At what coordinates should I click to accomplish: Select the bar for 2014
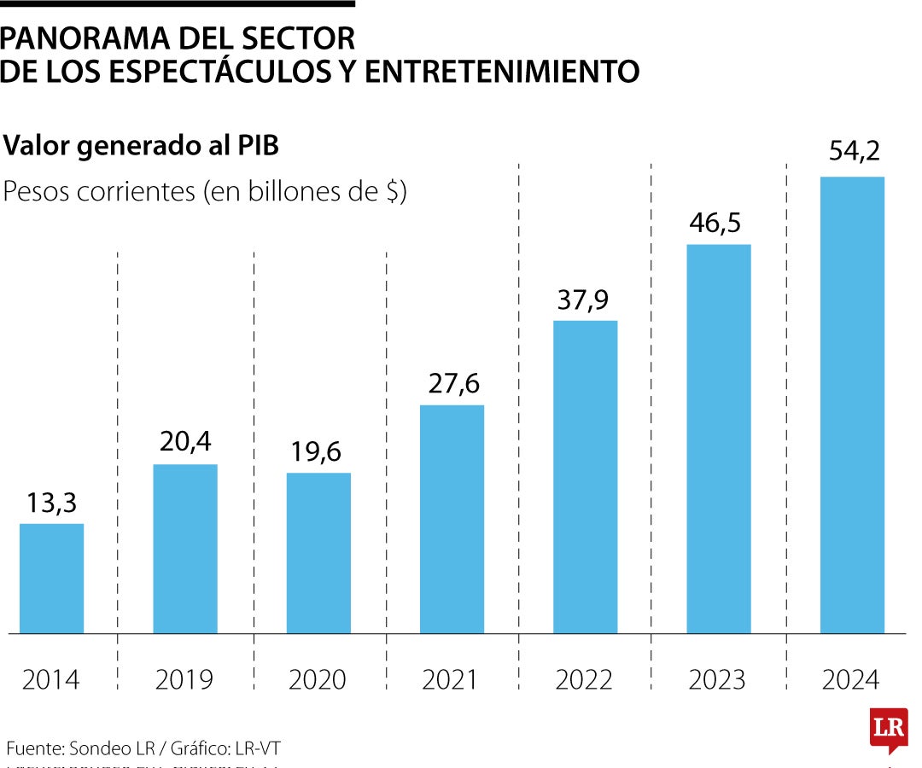click(51, 579)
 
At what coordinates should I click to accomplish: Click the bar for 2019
click(185, 549)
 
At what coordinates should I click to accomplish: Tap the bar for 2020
click(318, 553)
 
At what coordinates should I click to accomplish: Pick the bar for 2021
click(452, 519)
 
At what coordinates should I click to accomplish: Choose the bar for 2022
click(585, 477)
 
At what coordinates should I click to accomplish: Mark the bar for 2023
click(719, 439)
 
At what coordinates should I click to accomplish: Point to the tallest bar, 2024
click(852, 405)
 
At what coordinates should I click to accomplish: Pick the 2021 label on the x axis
click(452, 679)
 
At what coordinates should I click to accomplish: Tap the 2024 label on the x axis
click(851, 679)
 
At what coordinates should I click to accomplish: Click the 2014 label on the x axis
click(51, 679)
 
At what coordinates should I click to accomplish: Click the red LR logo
click(888, 730)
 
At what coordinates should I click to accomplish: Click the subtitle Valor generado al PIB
click(142, 146)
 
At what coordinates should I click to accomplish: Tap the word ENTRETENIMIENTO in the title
click(502, 72)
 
